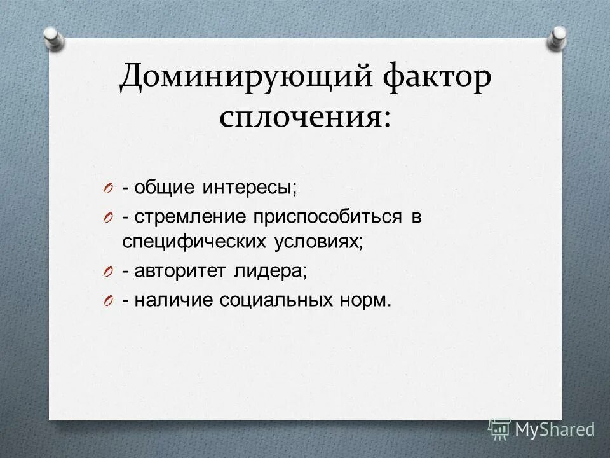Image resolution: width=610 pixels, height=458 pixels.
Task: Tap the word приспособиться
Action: [329, 216]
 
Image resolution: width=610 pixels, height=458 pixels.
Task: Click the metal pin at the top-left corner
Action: [54, 37]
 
